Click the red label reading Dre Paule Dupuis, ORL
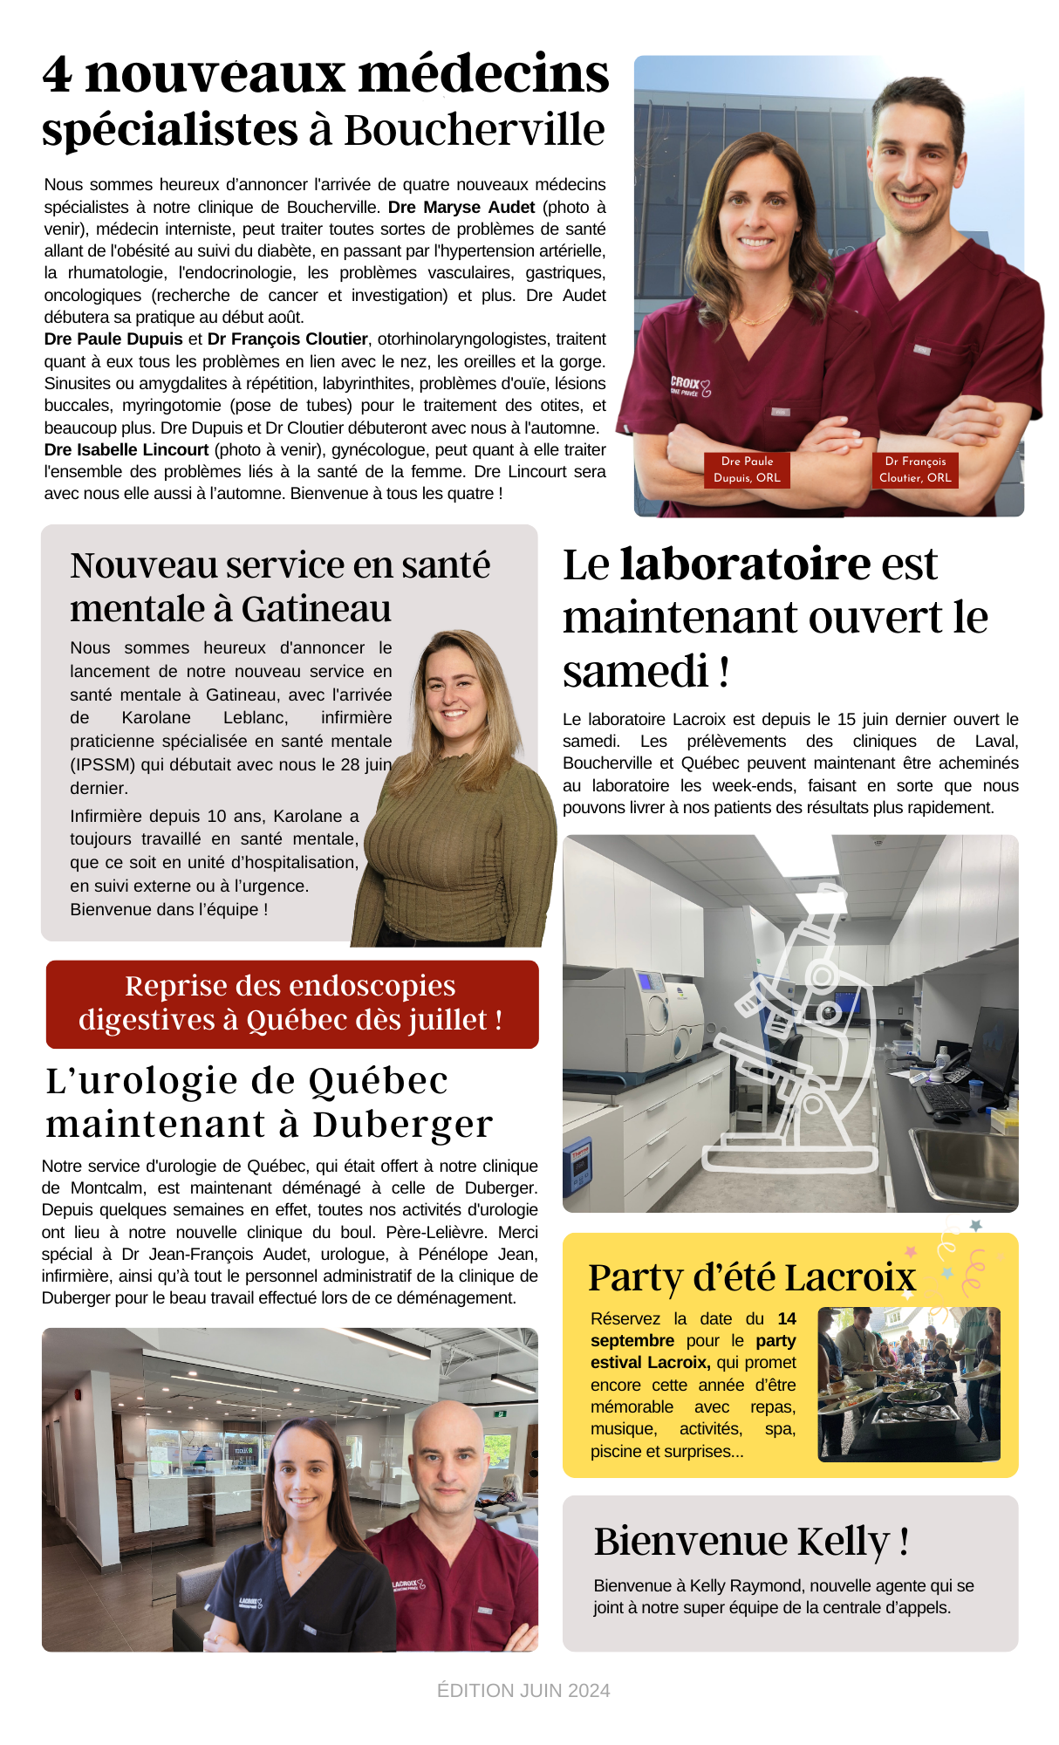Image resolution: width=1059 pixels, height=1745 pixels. coord(747,469)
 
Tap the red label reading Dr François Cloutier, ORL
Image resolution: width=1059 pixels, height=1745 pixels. coord(915,469)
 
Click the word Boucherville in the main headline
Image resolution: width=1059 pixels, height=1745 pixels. coord(474,130)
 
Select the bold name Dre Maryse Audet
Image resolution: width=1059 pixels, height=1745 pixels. coord(461,208)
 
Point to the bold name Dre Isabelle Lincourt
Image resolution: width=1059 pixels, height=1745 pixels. coord(126,450)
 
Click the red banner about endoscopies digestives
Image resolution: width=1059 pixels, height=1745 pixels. coord(291,1003)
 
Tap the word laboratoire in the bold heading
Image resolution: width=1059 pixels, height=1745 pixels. coord(744,564)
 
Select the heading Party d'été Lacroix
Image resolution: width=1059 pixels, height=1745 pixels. coord(751,1277)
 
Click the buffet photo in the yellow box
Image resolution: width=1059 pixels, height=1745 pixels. coord(908,1384)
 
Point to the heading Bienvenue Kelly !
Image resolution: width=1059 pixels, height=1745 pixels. coord(751,1542)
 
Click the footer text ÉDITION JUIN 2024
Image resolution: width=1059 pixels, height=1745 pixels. coord(523,1691)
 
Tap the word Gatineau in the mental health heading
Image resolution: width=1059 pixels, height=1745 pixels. coord(317,609)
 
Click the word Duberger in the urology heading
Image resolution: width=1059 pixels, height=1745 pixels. coord(402,1125)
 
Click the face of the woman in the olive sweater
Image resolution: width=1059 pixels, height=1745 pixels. coord(454,694)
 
